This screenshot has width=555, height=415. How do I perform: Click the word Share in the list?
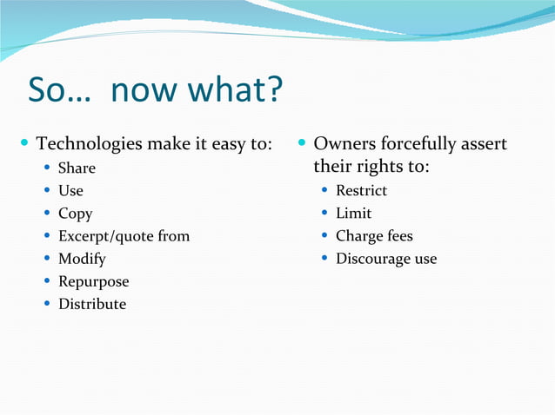(77, 168)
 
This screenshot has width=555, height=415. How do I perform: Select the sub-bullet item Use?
(70, 190)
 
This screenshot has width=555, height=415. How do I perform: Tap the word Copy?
(75, 214)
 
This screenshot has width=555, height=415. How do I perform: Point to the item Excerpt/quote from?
(124, 236)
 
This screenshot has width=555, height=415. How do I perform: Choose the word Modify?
(82, 259)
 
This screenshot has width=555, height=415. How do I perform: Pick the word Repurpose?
(93, 281)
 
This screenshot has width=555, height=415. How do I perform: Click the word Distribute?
(92, 304)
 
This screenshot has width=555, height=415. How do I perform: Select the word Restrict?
(361, 190)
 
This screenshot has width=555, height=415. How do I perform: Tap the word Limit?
(353, 214)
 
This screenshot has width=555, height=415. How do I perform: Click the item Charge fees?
(374, 236)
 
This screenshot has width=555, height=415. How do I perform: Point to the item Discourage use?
(386, 259)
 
